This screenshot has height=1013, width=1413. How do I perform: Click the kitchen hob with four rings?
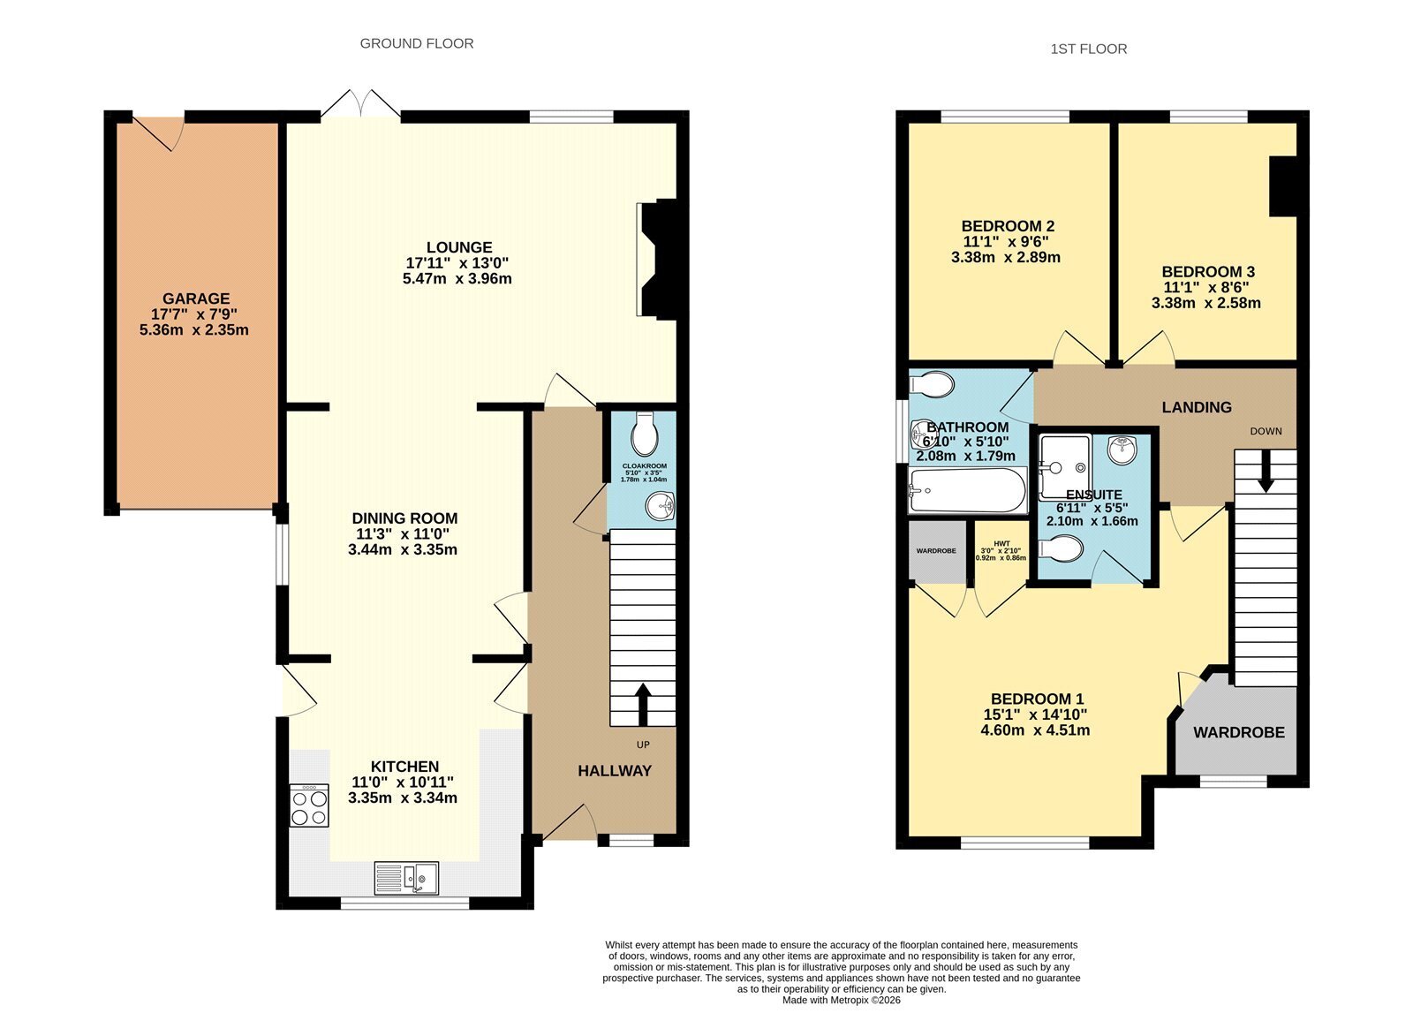point(309,805)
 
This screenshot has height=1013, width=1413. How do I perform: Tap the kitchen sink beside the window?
point(406,878)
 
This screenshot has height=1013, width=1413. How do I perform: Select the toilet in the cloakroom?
point(644,435)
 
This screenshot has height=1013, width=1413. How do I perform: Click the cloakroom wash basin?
point(660,505)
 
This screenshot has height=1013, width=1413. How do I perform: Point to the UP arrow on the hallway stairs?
point(643,705)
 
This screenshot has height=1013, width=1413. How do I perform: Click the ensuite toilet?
point(1061,548)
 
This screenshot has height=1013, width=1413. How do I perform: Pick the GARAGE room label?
point(196,299)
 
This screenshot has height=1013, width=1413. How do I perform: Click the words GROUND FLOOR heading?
point(416,43)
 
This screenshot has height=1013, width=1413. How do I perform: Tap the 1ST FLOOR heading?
point(1089,49)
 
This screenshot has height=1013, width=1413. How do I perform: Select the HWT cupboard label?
point(1001,544)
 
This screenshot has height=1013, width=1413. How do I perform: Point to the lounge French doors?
point(361,105)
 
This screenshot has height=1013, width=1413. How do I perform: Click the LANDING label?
point(1197,407)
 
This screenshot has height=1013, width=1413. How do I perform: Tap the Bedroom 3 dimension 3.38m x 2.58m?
point(1206,304)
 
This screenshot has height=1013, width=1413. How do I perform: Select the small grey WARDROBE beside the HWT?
point(937,551)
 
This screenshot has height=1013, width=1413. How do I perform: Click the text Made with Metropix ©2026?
point(842,1001)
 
